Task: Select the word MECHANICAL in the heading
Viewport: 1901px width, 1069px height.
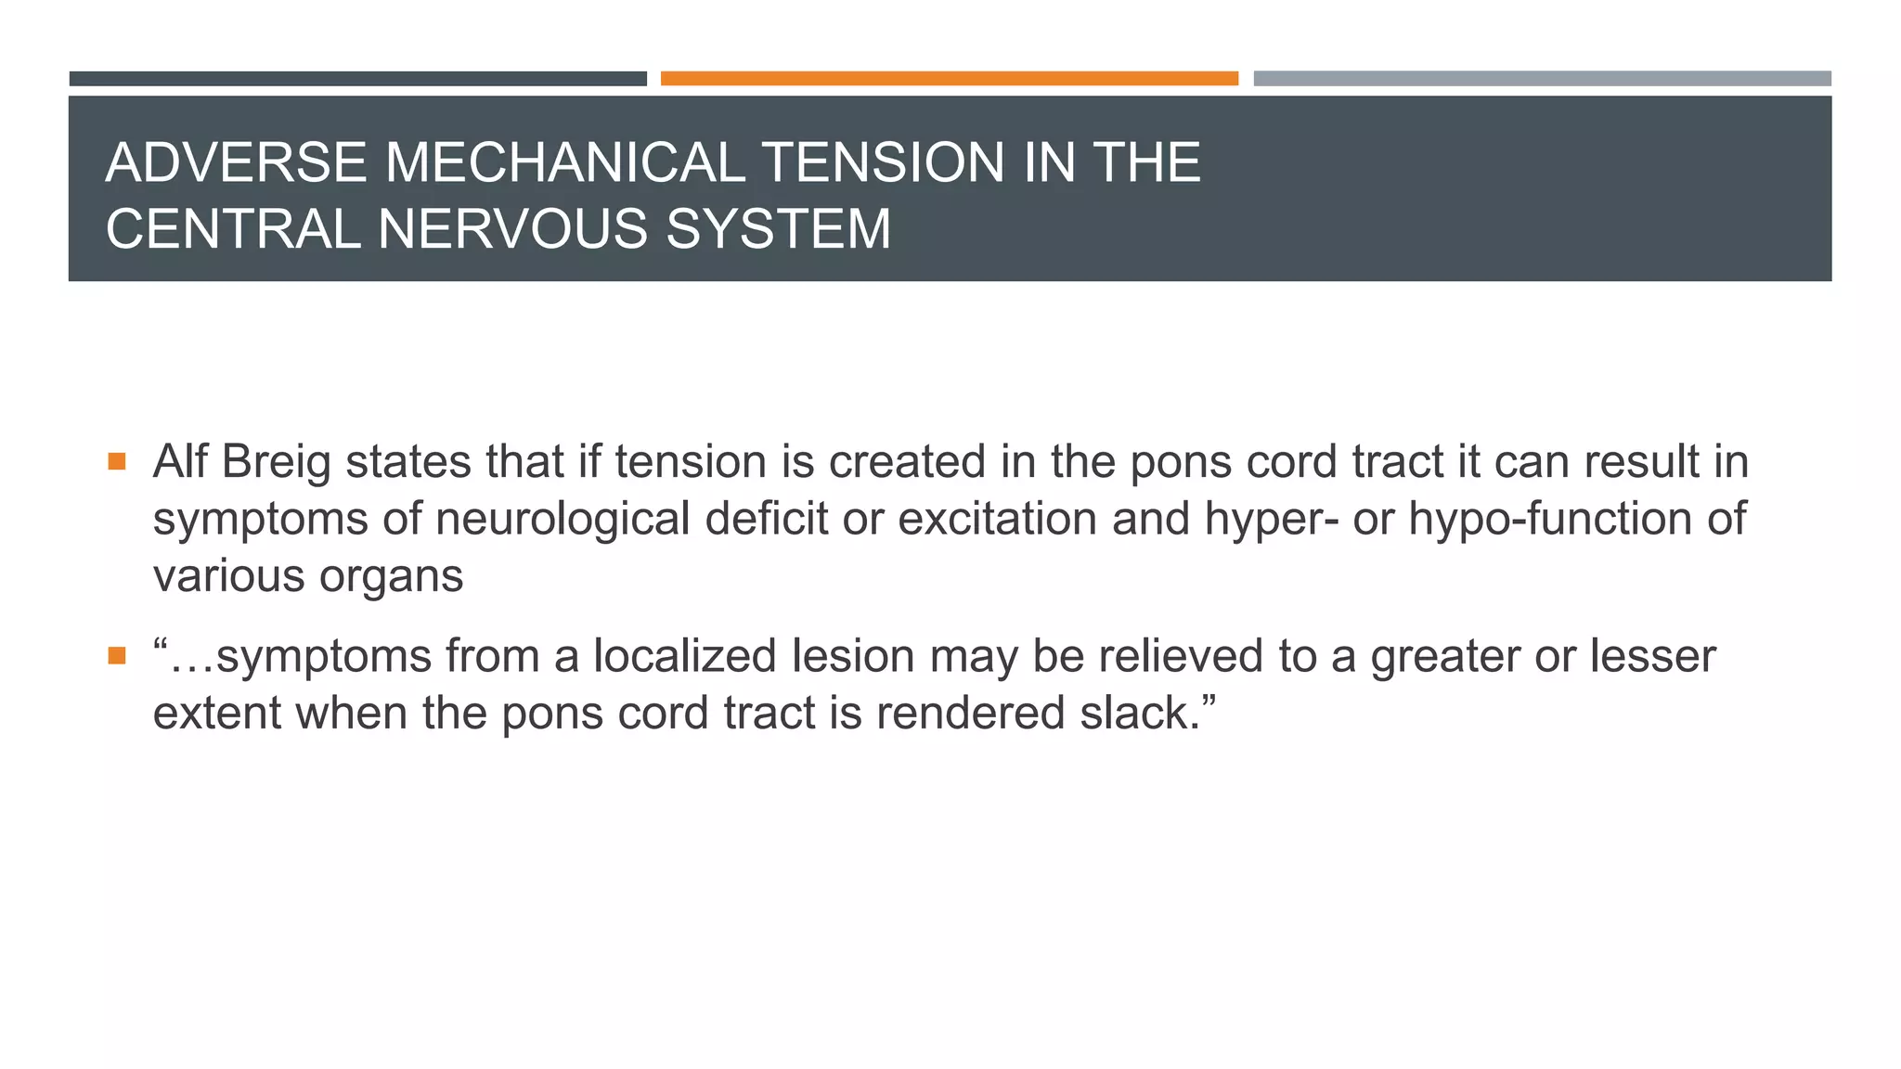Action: coord(565,163)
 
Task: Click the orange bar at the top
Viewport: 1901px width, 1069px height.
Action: coord(949,79)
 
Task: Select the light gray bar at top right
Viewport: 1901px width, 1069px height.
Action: coord(1542,79)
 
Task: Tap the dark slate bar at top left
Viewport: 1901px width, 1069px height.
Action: coord(357,79)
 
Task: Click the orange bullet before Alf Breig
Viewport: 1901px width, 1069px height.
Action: coord(116,461)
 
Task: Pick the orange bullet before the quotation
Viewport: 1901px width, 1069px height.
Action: coord(116,656)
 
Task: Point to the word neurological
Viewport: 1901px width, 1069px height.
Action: coord(563,519)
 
